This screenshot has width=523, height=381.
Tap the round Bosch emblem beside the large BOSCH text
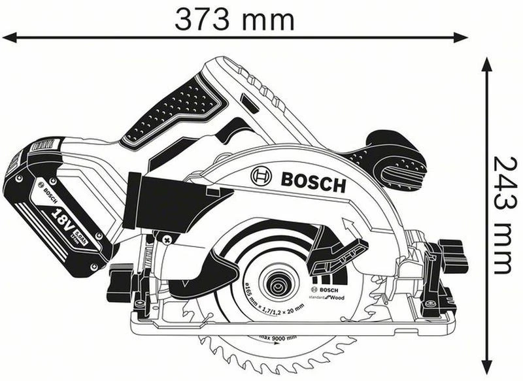(261, 176)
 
